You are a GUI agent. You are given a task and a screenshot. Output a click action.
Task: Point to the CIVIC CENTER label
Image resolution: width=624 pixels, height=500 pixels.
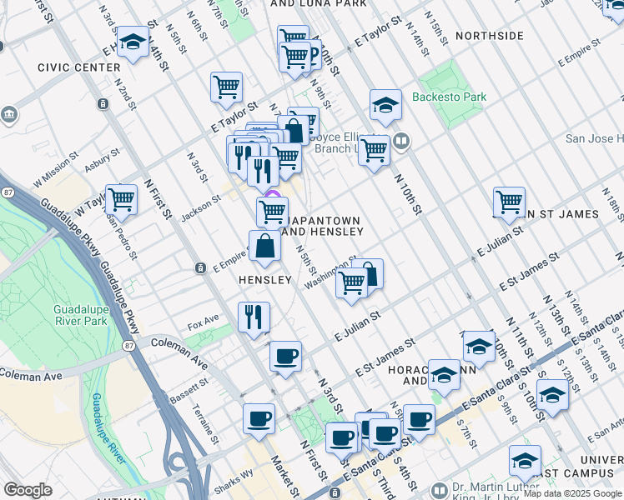coord(79,67)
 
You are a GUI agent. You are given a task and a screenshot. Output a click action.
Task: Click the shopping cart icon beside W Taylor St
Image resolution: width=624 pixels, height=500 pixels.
coord(122,200)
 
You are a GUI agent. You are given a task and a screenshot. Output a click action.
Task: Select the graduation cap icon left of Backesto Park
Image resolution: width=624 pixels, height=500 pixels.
coord(385,105)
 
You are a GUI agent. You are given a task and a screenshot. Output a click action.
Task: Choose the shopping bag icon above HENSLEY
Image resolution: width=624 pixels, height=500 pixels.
coord(264,246)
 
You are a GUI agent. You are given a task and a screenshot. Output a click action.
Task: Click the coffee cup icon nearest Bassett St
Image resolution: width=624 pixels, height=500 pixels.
coord(285,357)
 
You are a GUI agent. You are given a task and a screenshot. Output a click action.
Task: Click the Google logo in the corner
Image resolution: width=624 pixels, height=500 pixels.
coord(28,490)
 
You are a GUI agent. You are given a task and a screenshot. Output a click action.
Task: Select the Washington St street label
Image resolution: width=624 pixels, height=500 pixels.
coord(330,273)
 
